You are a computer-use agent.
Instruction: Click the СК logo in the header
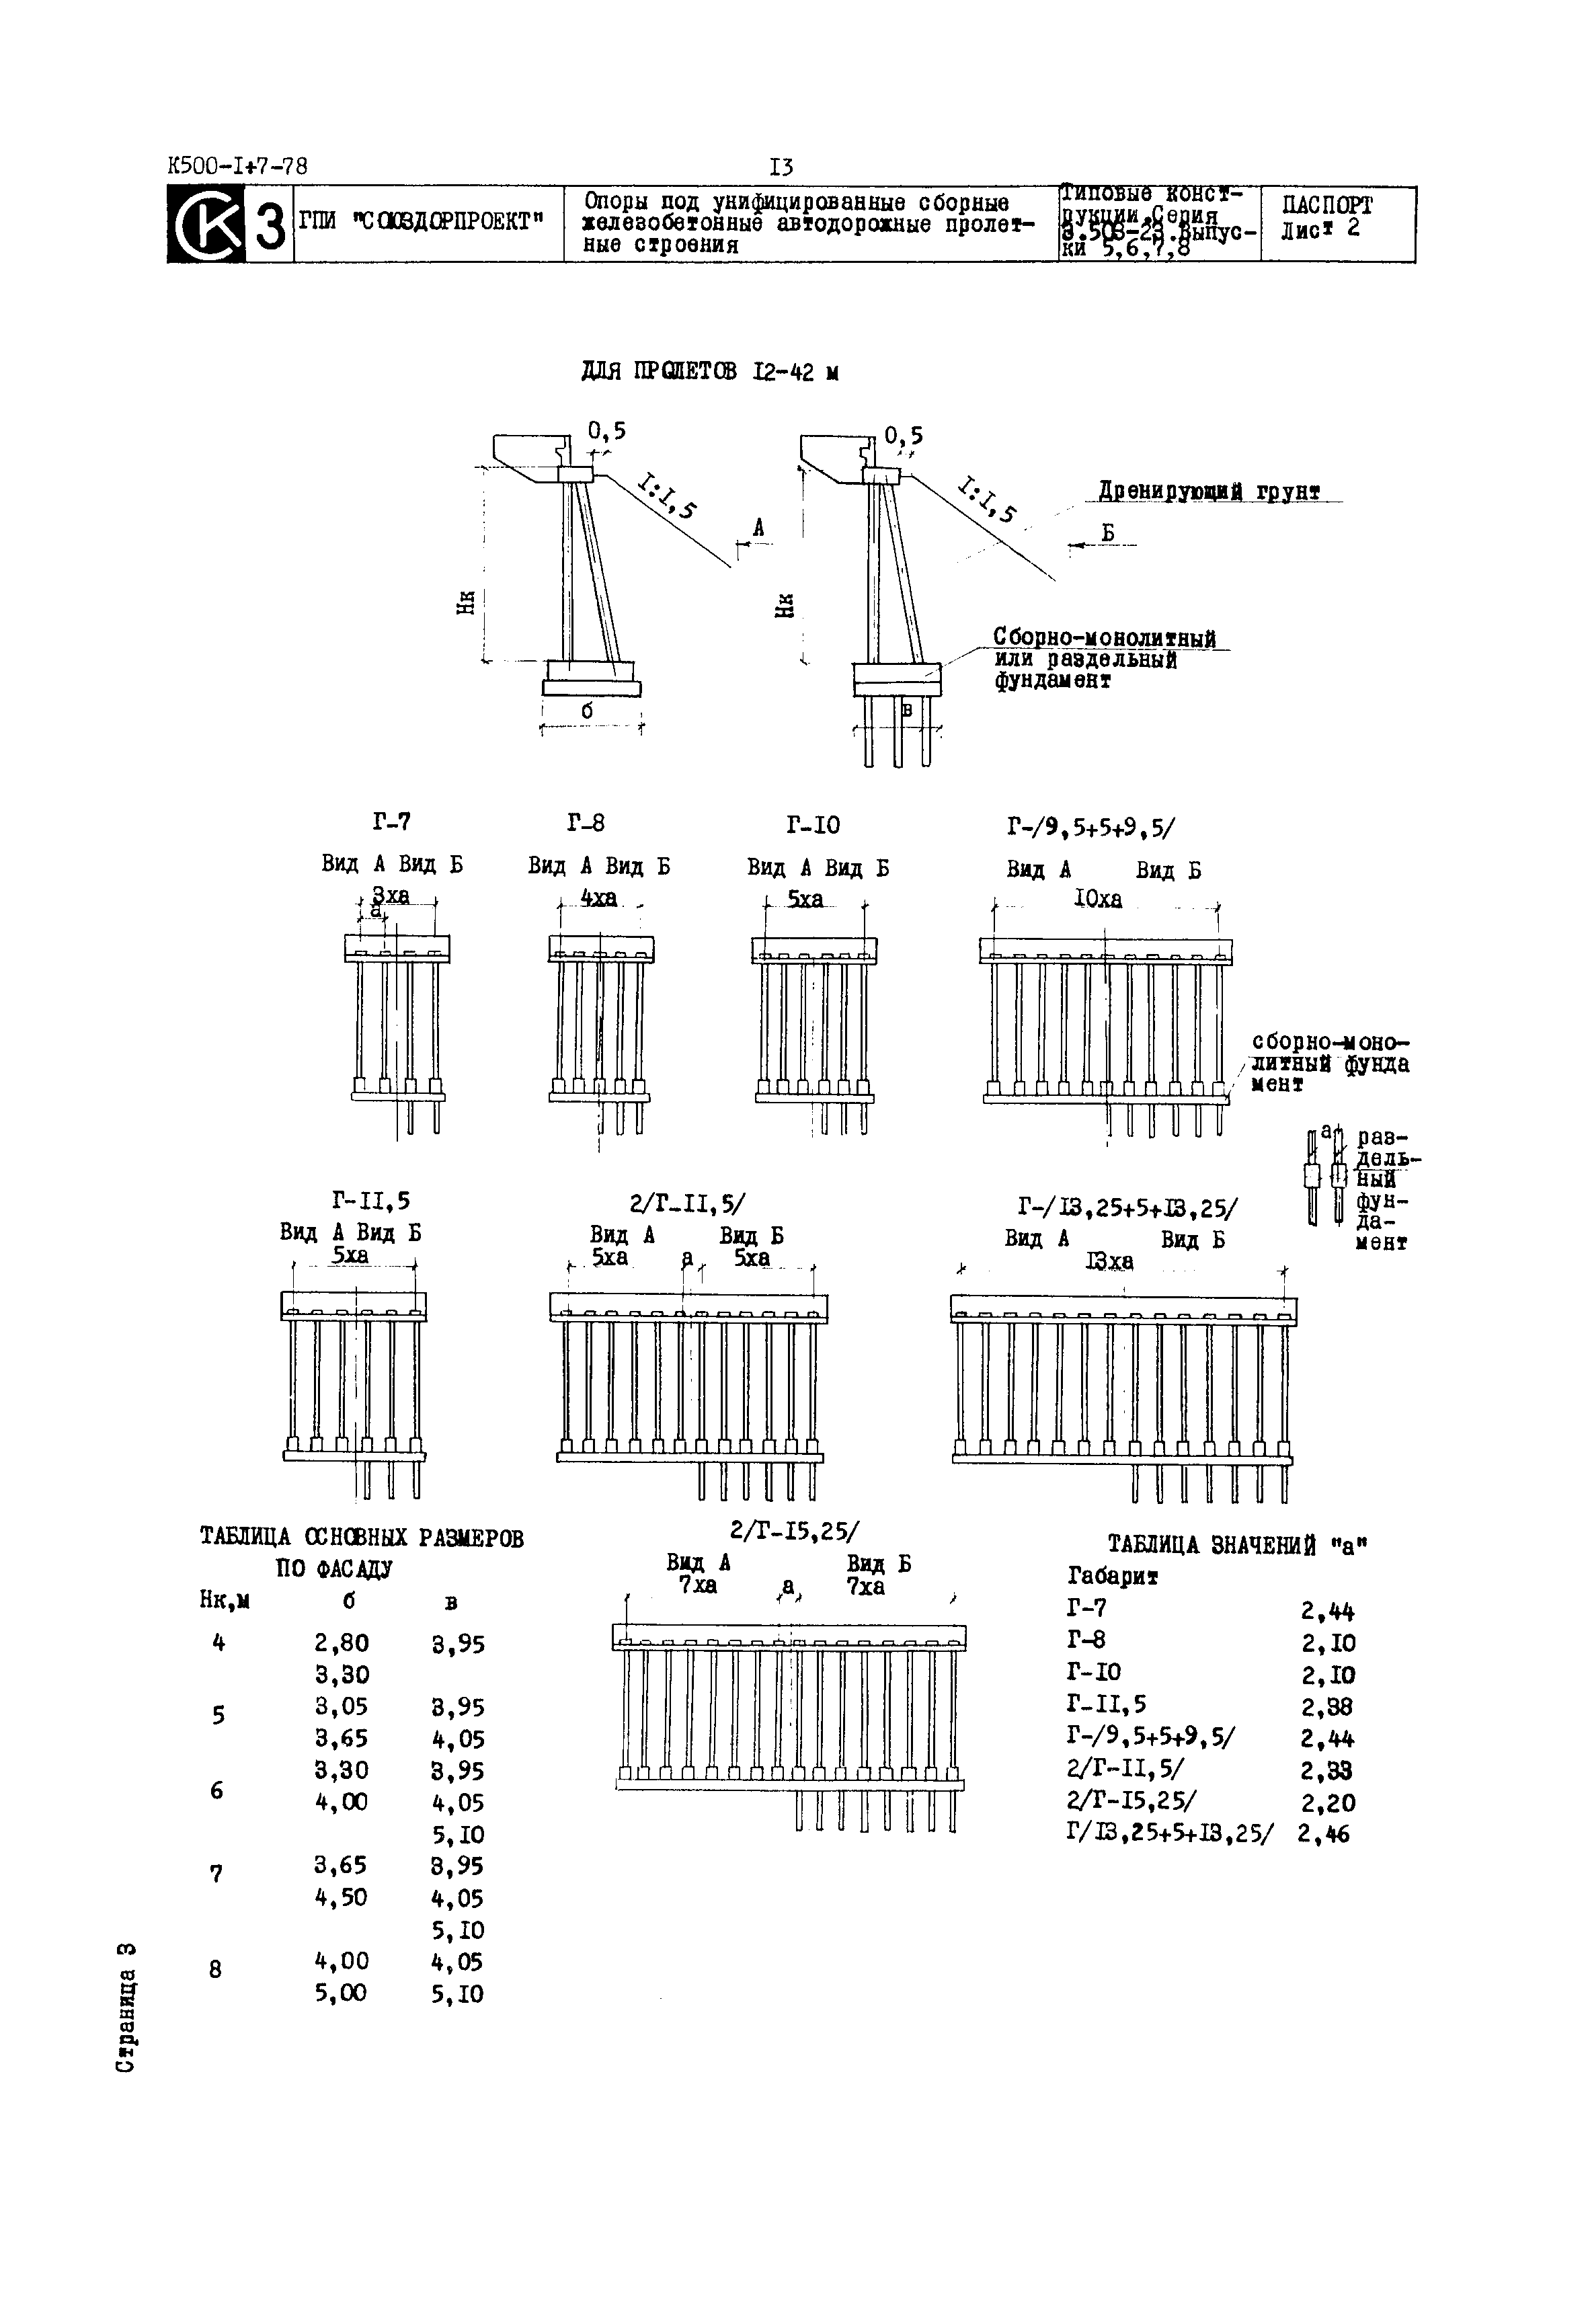click(206, 225)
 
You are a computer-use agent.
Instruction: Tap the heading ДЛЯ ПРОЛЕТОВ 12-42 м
click(709, 372)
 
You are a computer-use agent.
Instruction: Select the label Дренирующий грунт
click(1209, 491)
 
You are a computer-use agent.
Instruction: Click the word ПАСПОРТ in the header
click(1326, 206)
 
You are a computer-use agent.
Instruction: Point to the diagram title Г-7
click(392, 822)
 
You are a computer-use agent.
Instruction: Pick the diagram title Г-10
click(813, 825)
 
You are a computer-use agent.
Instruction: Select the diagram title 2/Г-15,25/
click(795, 1530)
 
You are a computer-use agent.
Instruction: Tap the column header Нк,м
click(224, 1599)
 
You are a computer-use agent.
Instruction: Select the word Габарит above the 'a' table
click(1113, 1576)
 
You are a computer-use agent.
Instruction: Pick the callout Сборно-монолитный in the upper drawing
click(1105, 637)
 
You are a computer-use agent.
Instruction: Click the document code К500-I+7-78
click(238, 166)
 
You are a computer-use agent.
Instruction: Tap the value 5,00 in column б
click(340, 1993)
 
